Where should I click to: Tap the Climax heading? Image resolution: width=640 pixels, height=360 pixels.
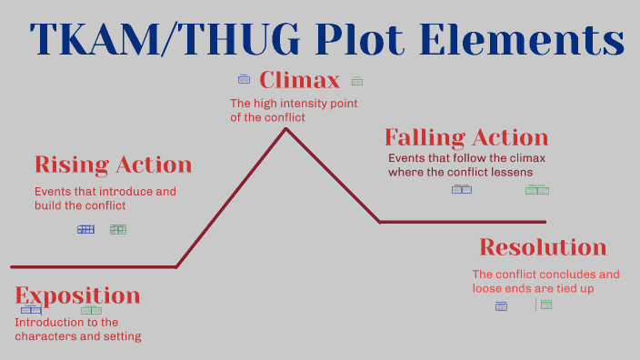coord(299,80)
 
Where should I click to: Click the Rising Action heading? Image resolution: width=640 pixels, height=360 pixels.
coord(113,165)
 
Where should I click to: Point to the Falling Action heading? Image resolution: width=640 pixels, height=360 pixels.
coord(465,137)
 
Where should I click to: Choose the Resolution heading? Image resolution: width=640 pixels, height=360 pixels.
coord(542,246)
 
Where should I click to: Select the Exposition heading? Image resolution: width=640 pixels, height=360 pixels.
coord(77,295)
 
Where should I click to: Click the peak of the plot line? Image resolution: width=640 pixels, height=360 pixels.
coord(286,129)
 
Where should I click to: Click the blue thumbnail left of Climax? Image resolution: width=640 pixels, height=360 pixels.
coord(244,79)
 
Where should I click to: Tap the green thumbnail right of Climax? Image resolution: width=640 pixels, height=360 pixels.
coord(357,81)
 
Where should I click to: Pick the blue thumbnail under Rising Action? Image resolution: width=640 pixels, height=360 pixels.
coord(85,229)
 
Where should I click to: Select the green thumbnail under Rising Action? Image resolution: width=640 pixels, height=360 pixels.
coord(118,229)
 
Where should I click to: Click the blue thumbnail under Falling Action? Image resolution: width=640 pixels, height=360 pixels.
coord(462,189)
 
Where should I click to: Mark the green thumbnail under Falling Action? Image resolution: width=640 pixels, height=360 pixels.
coord(537,189)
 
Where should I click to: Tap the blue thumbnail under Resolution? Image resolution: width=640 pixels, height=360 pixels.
coord(501,306)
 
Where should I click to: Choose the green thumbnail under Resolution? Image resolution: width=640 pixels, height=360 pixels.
coord(545,305)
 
